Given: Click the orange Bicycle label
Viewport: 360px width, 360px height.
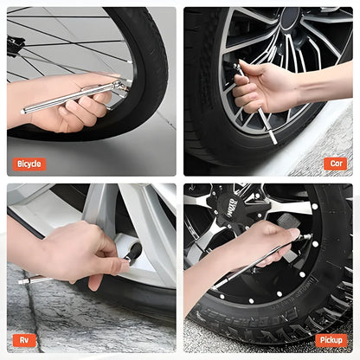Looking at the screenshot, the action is (x=29, y=164).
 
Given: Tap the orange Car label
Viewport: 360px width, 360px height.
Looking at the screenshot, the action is (x=336, y=164).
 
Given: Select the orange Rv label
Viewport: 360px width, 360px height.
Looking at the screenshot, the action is (x=24, y=340).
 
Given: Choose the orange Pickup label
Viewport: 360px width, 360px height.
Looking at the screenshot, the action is (x=331, y=340).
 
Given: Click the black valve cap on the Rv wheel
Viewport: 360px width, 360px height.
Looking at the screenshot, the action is (x=133, y=252).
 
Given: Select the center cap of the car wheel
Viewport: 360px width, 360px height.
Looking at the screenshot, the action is (x=291, y=16).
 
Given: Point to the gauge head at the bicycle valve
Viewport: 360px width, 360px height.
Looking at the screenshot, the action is (x=119, y=86).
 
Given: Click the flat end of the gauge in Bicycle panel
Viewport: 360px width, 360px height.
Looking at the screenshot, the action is (x=22, y=112).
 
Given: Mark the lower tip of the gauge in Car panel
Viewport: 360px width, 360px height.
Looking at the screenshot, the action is (x=274, y=141).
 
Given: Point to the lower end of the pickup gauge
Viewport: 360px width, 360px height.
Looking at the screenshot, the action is (x=215, y=287).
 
